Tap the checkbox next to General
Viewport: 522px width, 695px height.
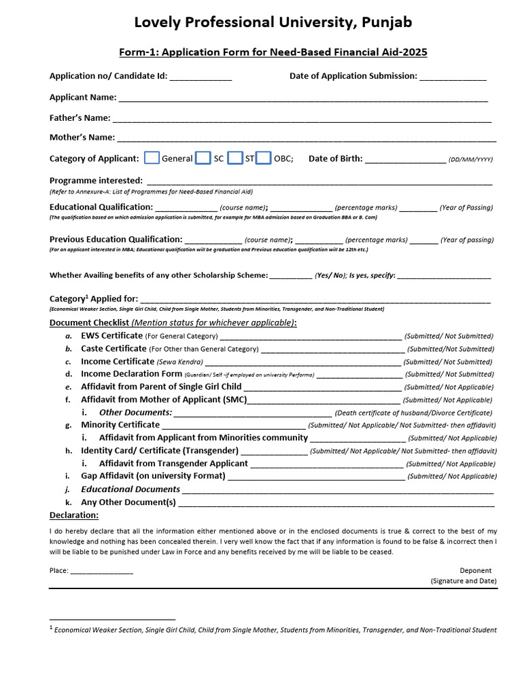[x=152, y=158]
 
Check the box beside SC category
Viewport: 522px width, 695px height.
[x=203, y=158]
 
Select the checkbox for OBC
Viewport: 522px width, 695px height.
[x=264, y=158]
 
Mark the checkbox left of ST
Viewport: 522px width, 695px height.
[x=235, y=158]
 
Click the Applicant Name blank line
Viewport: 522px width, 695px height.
[x=303, y=100]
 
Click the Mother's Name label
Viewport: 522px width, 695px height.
[x=82, y=138]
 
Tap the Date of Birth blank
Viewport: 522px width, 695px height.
[x=405, y=161]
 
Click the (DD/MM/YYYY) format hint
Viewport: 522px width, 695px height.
[x=470, y=159]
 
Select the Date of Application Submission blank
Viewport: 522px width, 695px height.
[x=453, y=79]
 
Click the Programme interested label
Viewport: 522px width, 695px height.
[x=96, y=181]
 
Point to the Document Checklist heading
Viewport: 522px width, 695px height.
[x=89, y=322]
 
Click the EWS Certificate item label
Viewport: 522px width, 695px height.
[x=111, y=335]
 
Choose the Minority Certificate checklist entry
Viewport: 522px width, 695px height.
[x=120, y=425]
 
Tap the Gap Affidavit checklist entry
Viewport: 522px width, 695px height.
[x=153, y=476]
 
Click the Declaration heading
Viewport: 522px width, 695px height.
[x=74, y=515]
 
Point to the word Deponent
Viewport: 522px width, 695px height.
[x=475, y=571]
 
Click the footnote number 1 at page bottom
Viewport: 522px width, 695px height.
[x=52, y=628]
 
